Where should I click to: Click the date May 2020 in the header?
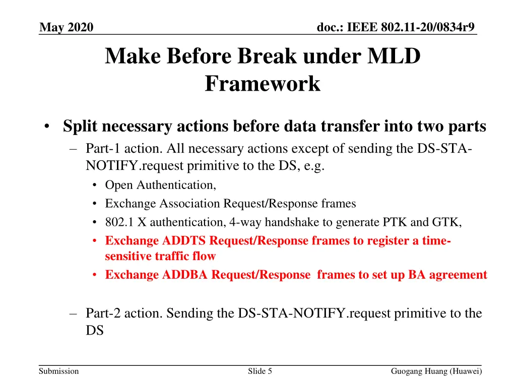[66, 27]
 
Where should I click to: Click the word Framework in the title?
[262, 84]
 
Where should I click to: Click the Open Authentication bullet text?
[160, 185]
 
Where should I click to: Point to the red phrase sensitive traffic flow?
[160, 256]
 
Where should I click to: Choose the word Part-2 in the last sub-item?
[102, 313]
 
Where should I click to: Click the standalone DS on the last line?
[94, 331]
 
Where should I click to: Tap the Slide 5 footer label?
[260, 371]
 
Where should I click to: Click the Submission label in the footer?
[59, 371]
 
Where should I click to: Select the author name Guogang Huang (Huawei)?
[436, 371]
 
